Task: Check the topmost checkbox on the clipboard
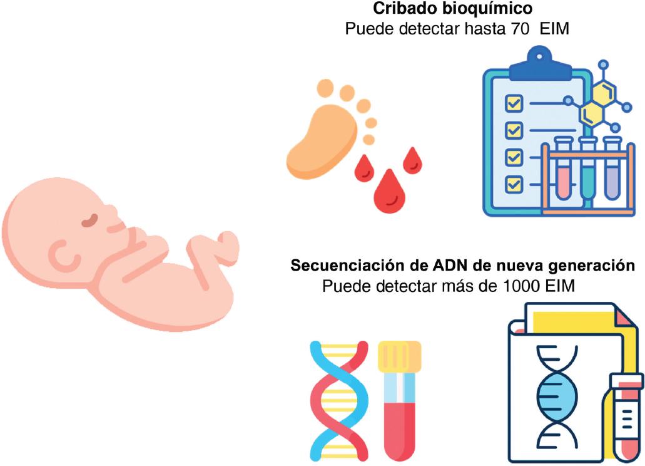tap(514, 103)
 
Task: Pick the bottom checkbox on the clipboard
tap(514, 184)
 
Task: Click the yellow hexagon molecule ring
tap(597, 104)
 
